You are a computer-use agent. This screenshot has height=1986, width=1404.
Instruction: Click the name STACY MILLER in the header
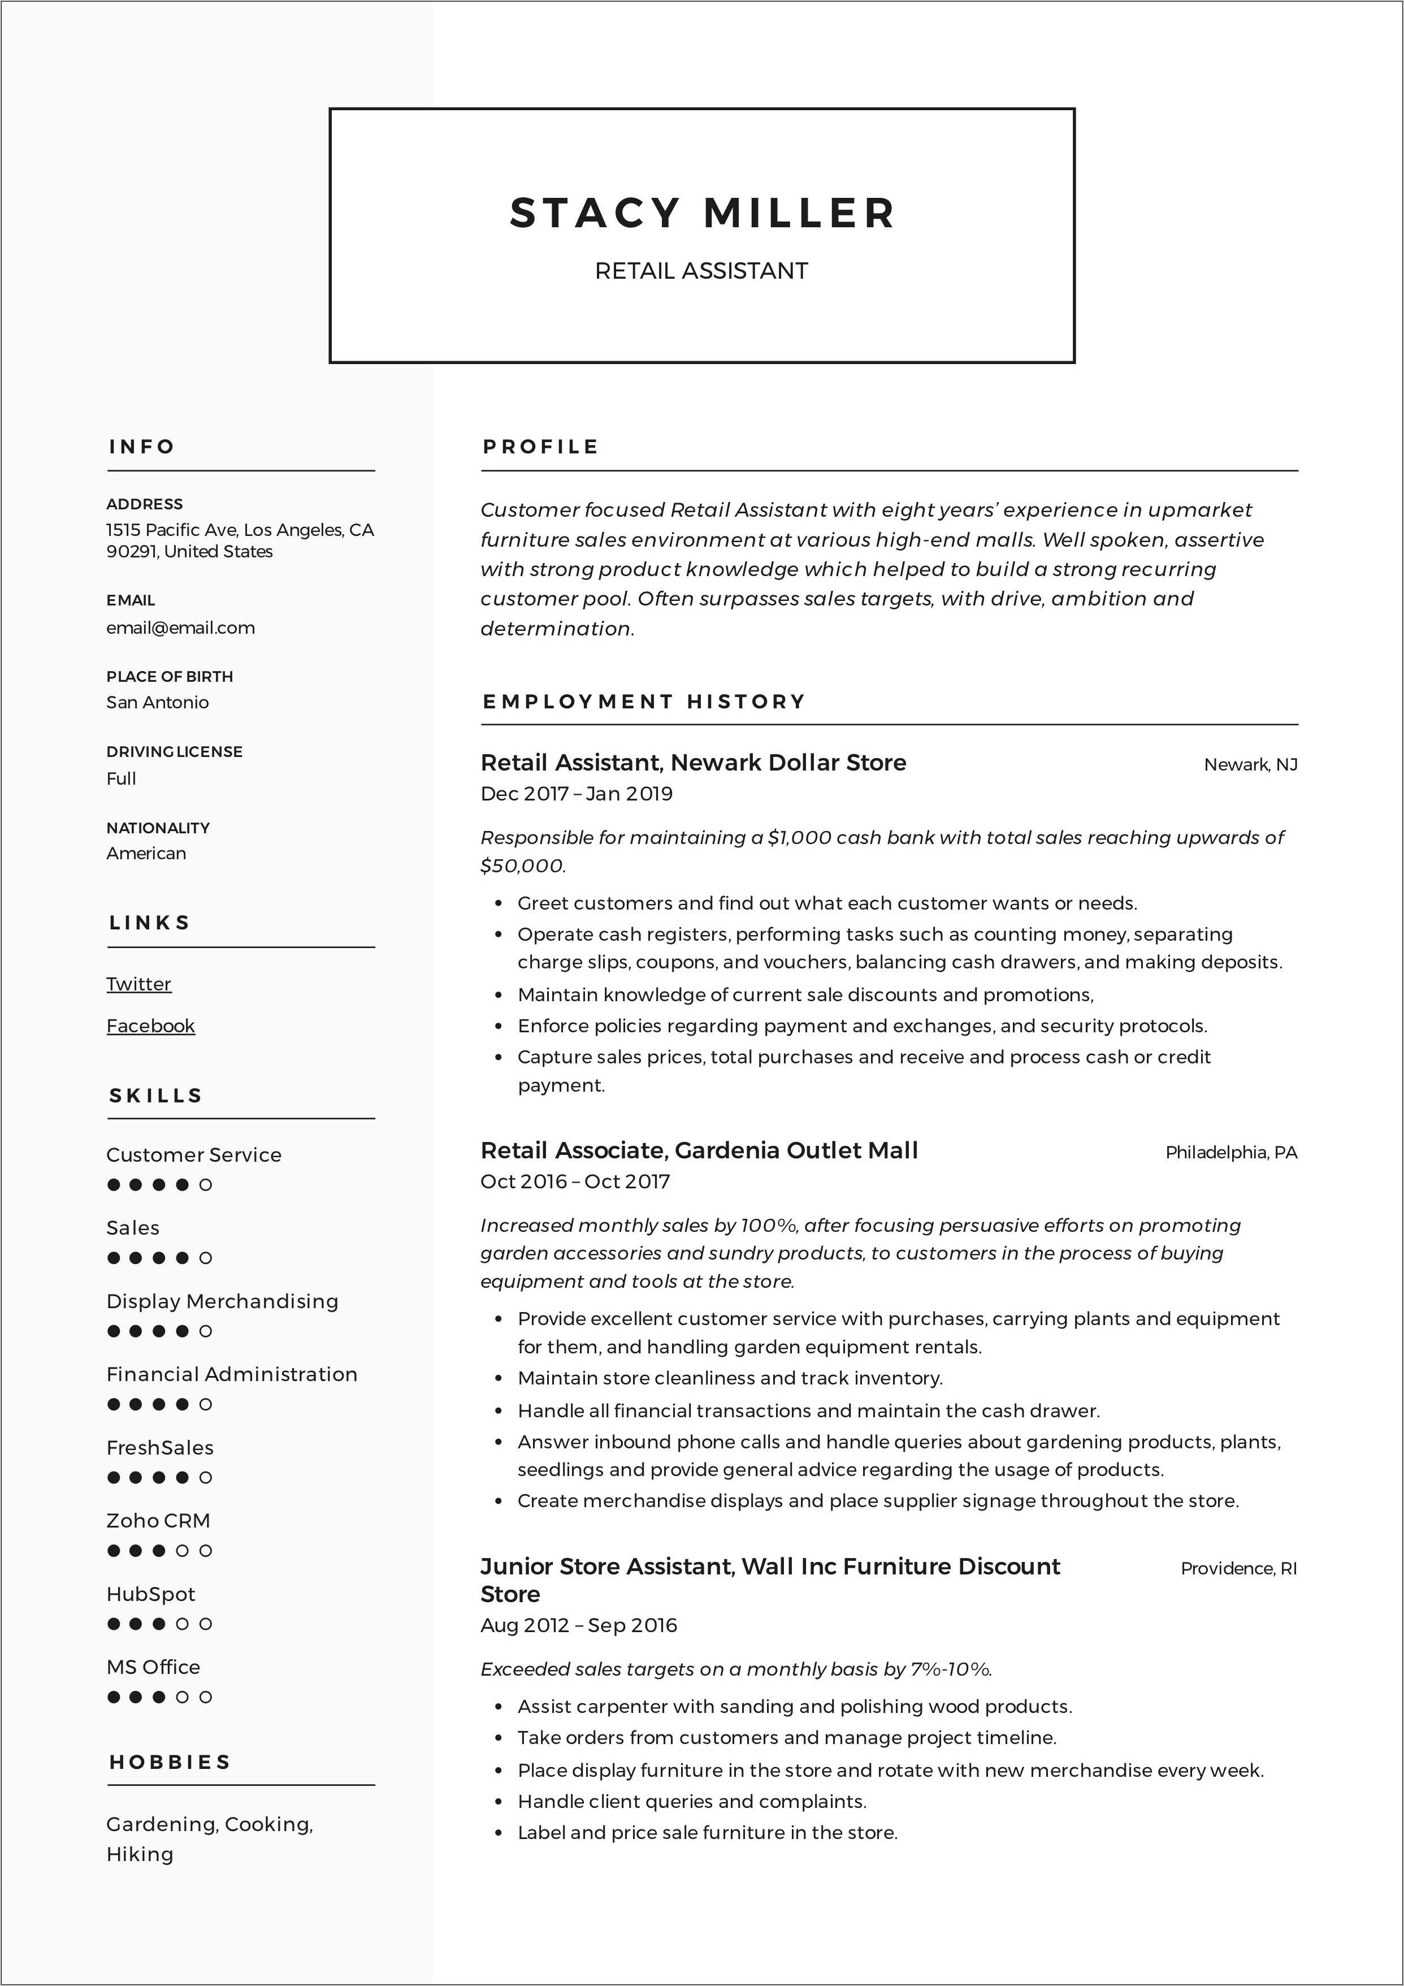(701, 213)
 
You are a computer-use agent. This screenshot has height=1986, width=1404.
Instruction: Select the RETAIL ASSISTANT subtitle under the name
(701, 271)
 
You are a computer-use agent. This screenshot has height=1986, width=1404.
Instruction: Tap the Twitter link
(138, 984)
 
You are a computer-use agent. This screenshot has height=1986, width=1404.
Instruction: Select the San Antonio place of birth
(158, 702)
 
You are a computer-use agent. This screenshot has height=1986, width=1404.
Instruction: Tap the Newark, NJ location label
(1250, 765)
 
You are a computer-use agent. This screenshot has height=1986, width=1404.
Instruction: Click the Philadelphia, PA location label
(1231, 1152)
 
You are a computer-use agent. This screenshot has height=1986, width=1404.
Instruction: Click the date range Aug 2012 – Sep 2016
(578, 1625)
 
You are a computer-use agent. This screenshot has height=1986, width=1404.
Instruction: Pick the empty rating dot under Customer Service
(206, 1185)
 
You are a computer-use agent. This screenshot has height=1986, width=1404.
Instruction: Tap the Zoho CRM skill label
(158, 1521)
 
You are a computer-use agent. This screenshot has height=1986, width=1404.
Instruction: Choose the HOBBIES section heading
(170, 1762)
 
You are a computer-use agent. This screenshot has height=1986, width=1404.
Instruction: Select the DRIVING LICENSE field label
(174, 752)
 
